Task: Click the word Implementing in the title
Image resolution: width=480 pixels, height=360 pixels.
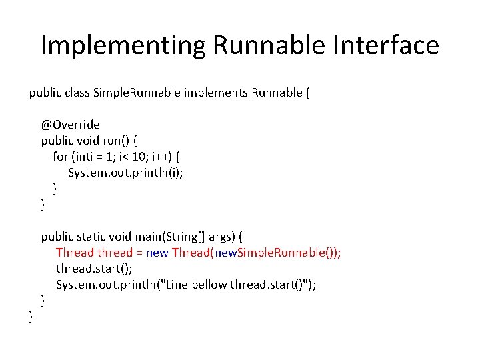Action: [123, 46]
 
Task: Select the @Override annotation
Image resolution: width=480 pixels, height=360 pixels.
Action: [70, 124]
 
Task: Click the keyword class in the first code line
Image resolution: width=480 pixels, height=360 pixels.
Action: [74, 93]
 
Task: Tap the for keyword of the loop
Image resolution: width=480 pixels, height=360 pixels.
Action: [60, 157]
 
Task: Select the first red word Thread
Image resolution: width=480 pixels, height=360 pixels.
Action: [75, 253]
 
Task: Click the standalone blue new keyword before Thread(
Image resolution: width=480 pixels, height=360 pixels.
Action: [157, 253]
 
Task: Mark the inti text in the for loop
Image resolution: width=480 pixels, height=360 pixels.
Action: [84, 157]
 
